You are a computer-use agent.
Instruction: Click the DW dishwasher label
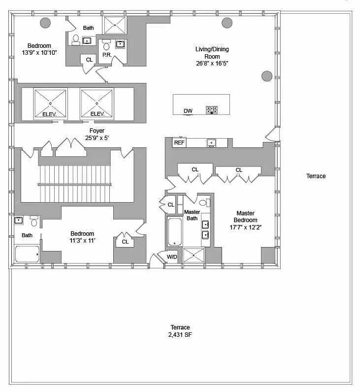coord(188,111)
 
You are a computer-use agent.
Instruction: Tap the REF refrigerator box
coord(179,143)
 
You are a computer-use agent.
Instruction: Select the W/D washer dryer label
coord(172,257)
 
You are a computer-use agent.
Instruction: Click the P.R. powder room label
coord(107,55)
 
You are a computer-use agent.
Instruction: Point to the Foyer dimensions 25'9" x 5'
coord(97,138)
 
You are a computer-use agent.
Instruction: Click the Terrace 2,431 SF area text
coord(180,331)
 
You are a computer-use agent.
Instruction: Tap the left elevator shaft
coord(50,103)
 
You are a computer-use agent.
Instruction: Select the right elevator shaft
coord(97,103)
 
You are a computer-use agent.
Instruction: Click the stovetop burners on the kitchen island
coord(212,110)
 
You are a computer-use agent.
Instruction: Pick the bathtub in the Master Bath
coord(174,232)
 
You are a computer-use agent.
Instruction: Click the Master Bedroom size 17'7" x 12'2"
coord(246,227)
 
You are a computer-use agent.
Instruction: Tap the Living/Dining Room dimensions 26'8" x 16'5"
coord(212,63)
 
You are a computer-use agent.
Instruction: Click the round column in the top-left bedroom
coord(45,23)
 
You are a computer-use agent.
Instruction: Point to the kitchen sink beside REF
coord(211,143)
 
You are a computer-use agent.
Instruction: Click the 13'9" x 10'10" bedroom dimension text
coord(39,52)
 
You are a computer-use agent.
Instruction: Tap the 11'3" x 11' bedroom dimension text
coord(82,241)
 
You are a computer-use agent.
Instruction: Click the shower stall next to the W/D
coord(194,255)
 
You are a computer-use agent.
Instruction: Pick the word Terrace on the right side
coord(316,176)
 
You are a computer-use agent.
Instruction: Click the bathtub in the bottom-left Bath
coord(27,254)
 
